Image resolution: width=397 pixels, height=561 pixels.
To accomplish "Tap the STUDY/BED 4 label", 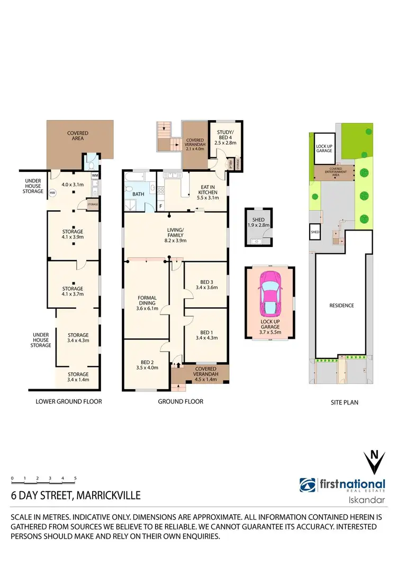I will (226, 136).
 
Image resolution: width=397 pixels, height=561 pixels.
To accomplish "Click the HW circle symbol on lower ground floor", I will (52, 193).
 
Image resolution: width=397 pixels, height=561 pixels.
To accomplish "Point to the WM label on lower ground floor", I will (95, 175).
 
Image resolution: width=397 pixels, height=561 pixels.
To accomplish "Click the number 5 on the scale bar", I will (75, 478).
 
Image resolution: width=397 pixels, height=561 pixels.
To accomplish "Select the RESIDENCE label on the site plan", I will (341, 306).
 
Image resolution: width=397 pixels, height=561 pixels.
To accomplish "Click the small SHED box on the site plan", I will (315, 232).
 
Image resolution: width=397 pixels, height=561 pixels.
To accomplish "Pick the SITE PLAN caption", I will (344, 402).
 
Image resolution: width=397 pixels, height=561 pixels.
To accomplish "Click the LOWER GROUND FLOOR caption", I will (69, 401).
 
